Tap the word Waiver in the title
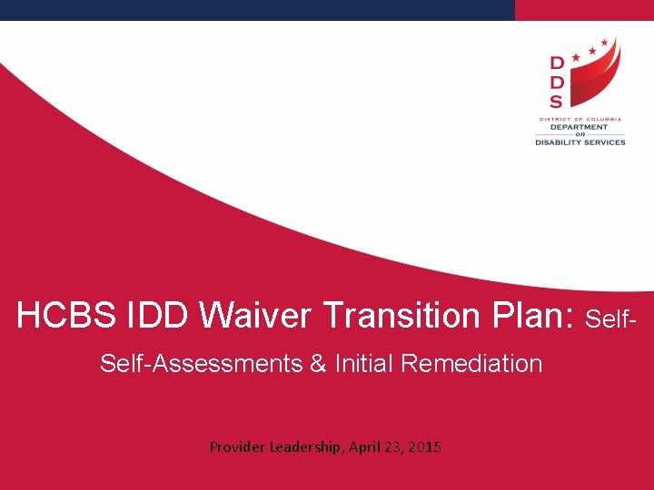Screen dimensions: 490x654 point(256,316)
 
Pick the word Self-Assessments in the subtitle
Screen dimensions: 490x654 point(201,364)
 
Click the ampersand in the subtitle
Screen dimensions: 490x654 point(318,364)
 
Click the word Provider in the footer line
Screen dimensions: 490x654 point(237,446)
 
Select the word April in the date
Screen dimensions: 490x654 point(365,446)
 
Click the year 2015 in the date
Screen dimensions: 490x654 point(425,446)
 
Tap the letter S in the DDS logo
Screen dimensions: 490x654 point(556,102)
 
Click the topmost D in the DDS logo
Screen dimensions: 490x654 point(556,63)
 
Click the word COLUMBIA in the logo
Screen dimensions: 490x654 point(603,119)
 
